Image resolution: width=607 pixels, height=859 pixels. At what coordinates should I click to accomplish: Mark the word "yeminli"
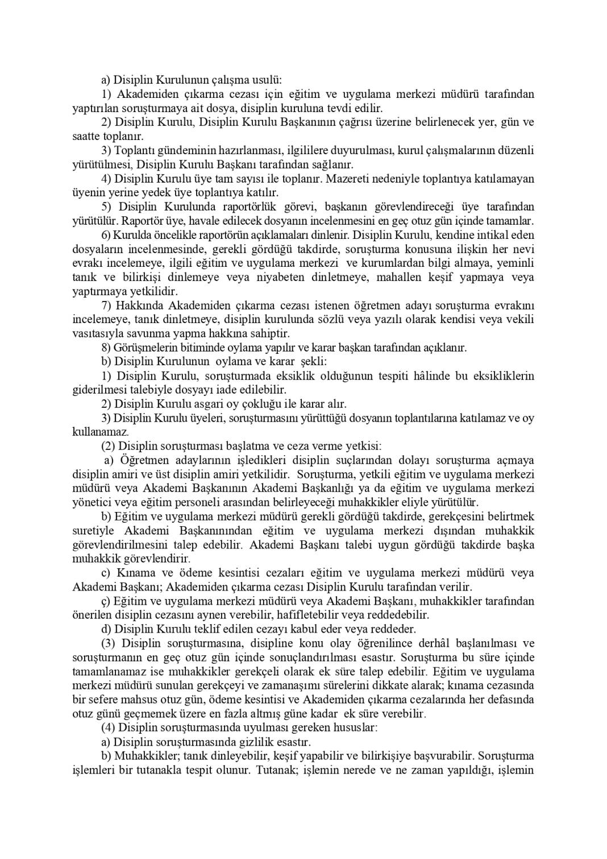click(x=514, y=263)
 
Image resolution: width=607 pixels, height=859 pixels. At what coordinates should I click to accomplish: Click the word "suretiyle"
click(x=93, y=531)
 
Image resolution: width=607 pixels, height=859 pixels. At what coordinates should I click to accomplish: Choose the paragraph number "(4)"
click(x=109, y=728)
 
